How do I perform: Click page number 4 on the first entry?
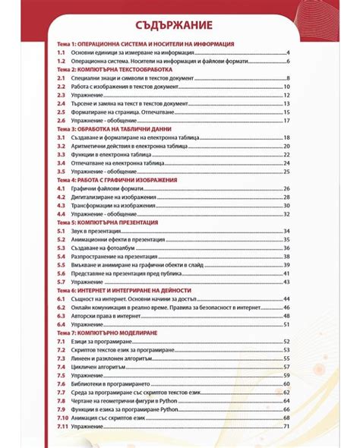(289, 53)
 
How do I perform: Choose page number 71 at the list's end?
(287, 426)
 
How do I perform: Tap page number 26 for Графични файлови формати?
(287, 188)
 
